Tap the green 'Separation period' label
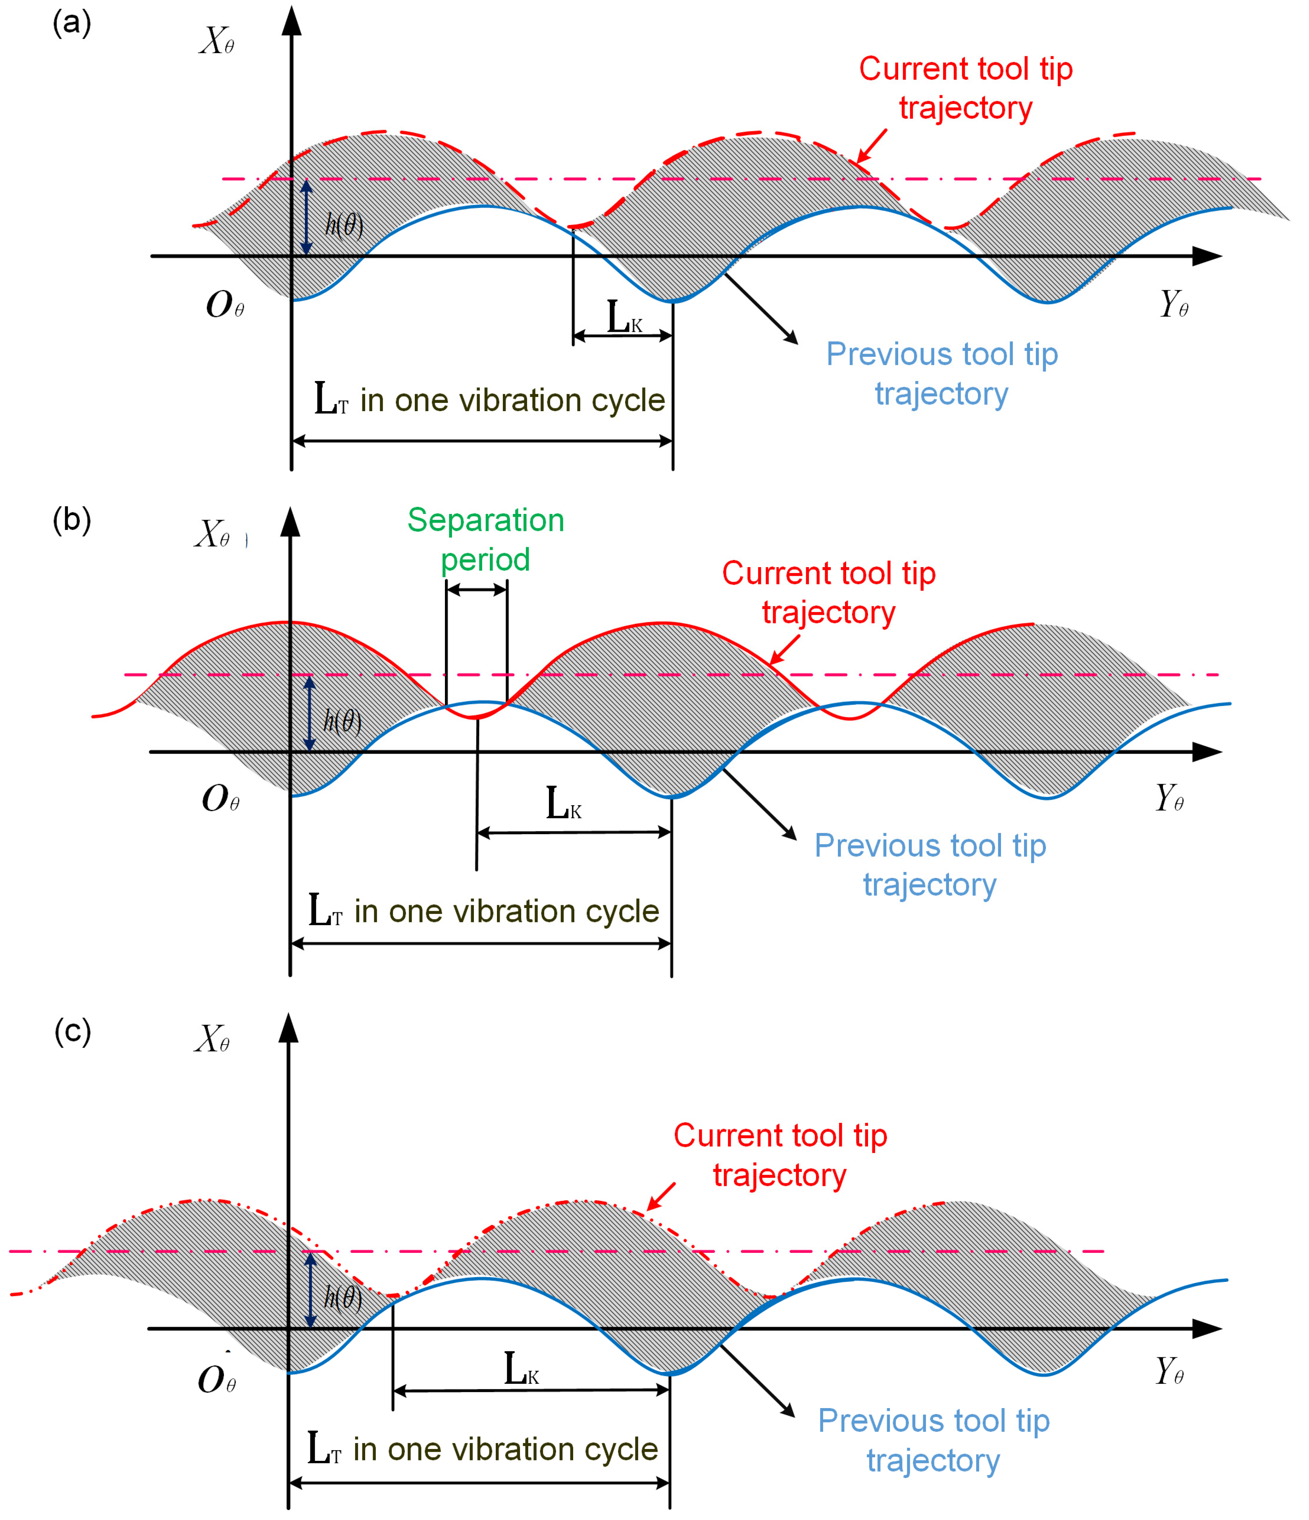[x=486, y=539]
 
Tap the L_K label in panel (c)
[x=522, y=1370]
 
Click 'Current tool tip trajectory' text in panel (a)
[x=966, y=88]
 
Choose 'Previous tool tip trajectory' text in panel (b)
[x=930, y=864]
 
